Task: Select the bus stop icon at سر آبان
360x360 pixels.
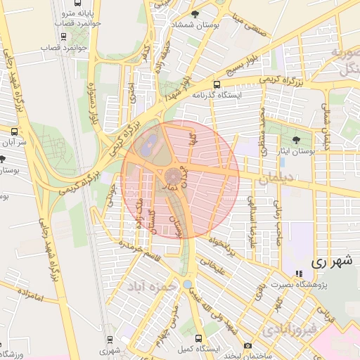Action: coord(15,131)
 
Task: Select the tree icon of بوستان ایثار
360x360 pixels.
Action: coord(295,139)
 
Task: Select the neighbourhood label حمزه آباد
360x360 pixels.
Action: coord(150,287)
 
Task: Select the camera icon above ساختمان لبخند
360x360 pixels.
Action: coord(247,345)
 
